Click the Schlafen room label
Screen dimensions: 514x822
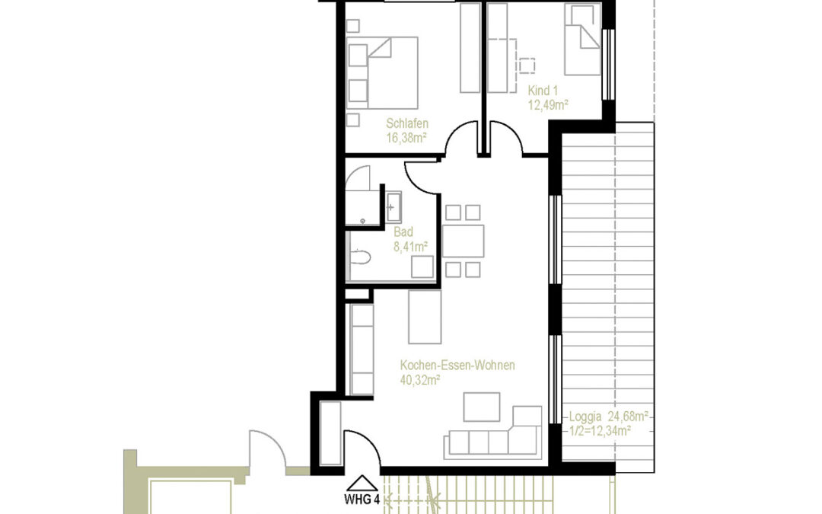(407, 123)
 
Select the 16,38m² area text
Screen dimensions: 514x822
(406, 138)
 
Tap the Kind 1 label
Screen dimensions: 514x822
(543, 90)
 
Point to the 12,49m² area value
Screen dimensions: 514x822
(550, 104)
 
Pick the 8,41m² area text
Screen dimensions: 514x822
(410, 246)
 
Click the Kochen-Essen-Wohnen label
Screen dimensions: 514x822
(457, 366)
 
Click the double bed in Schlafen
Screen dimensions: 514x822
(383, 73)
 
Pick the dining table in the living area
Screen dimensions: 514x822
(464, 241)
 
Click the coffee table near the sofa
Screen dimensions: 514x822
(482, 406)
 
